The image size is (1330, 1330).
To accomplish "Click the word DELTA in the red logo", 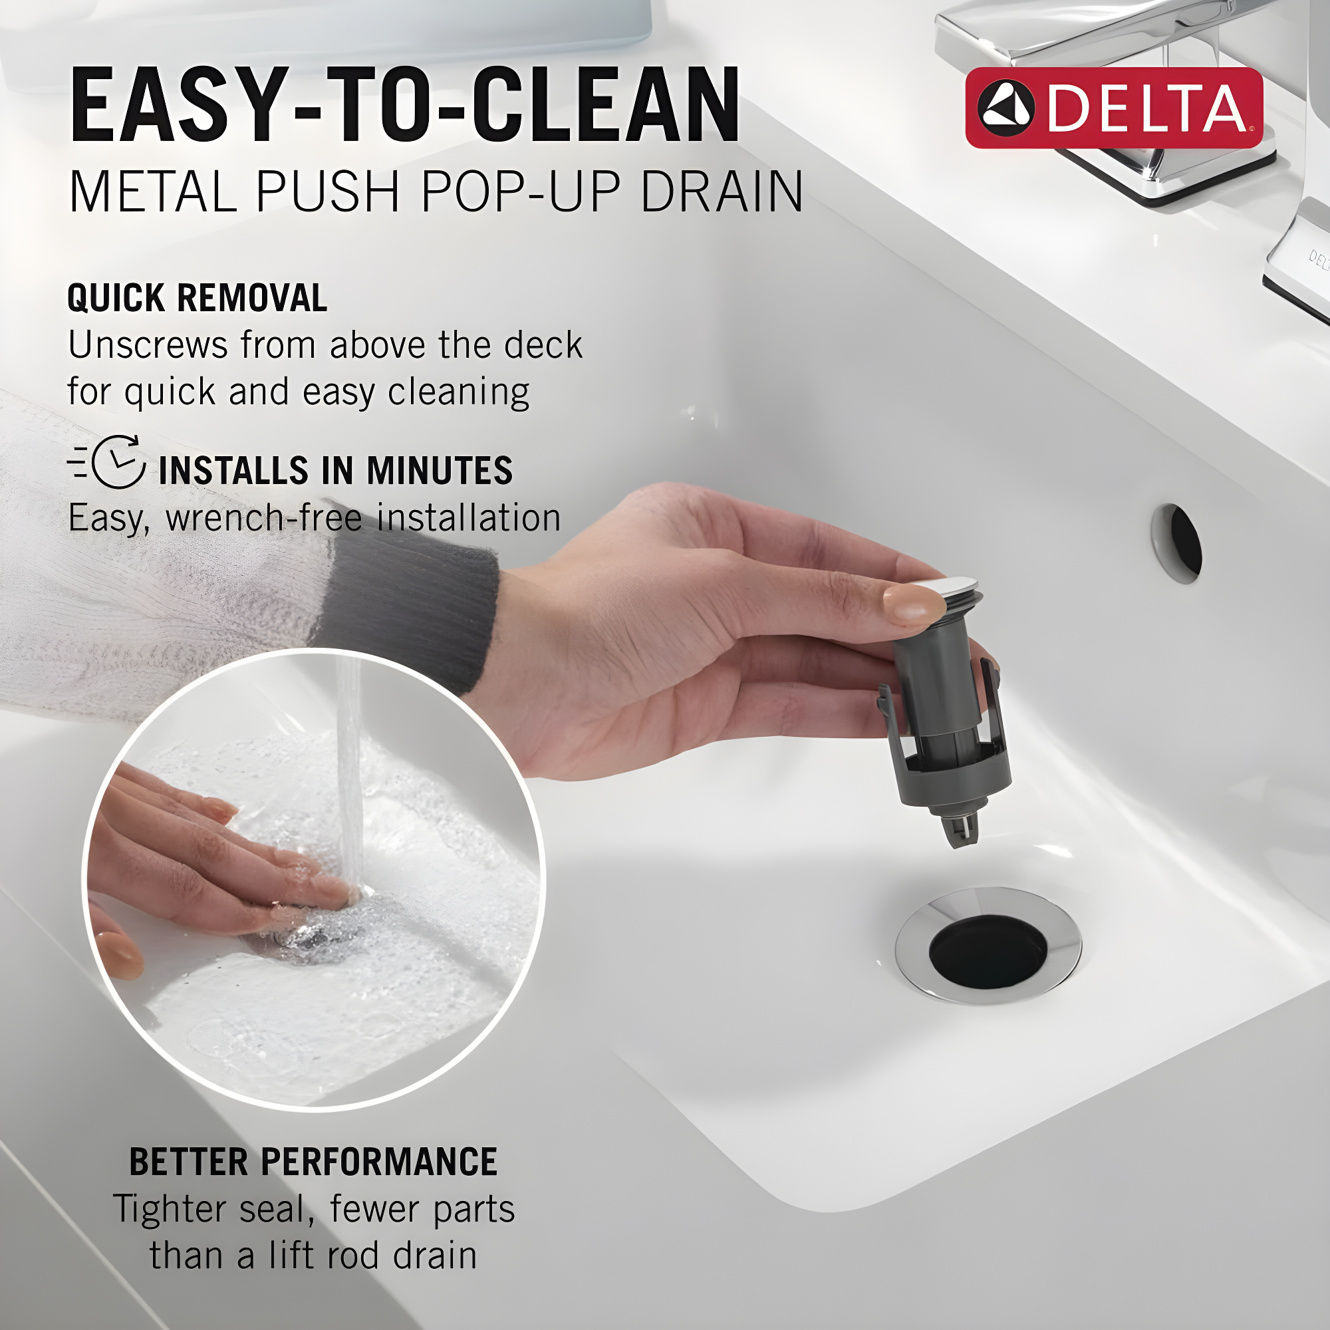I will point(1146,109).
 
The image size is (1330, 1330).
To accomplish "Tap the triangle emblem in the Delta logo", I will point(1005,109).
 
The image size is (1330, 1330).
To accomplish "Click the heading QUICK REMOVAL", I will point(197,298).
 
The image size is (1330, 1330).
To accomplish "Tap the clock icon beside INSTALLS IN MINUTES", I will point(118,462).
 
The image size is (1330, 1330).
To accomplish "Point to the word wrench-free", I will point(263,517).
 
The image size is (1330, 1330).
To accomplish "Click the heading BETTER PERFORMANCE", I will point(313,1162).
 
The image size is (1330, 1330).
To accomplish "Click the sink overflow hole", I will point(1178,543).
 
